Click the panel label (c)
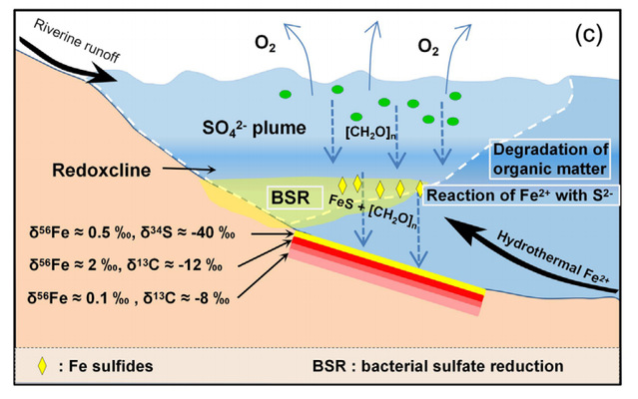pos(588,36)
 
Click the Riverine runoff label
pos(77,41)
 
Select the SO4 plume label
pos(255,129)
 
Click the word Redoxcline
pos(101,170)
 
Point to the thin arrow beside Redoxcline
pos(189,169)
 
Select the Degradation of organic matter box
pos(550,160)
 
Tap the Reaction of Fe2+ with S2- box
pos(521,196)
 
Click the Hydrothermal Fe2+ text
pos(553,257)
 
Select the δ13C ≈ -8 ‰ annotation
pos(187,298)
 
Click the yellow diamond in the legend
pos(42,366)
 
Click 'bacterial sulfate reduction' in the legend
pos(462,366)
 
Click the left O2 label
pos(266,44)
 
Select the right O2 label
pos(428,46)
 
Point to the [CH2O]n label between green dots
pos(370,133)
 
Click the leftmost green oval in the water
pos(286,95)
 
